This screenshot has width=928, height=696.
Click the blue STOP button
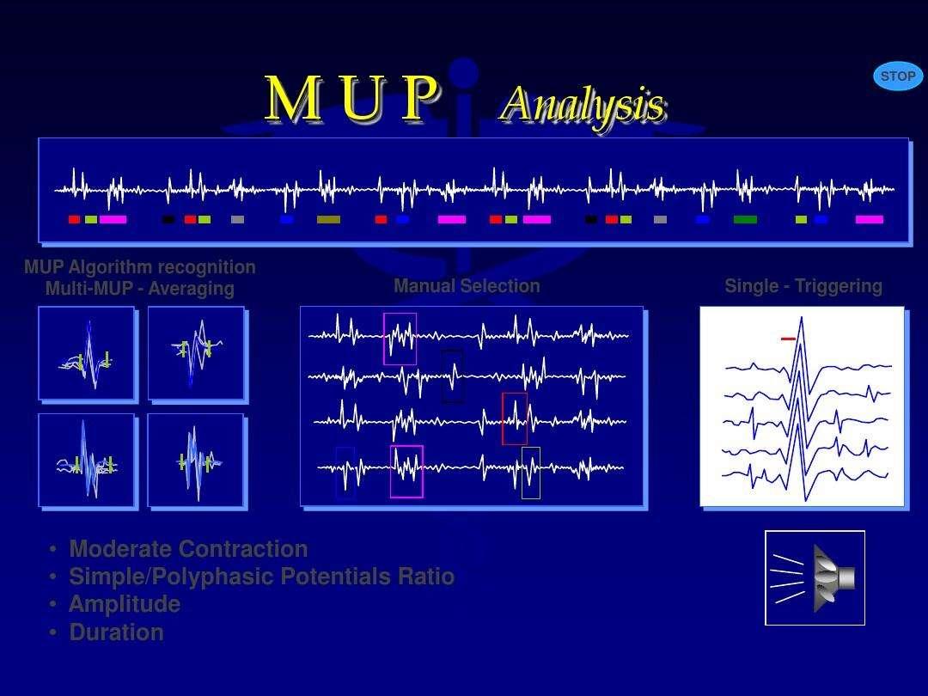pyautogui.click(x=898, y=76)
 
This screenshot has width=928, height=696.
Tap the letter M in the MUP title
pyautogui.click(x=294, y=98)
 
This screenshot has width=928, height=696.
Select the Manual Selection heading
pyautogui.click(x=467, y=286)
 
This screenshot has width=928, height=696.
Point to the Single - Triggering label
pyautogui.click(x=803, y=286)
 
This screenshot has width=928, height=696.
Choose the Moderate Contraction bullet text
pyautogui.click(x=188, y=548)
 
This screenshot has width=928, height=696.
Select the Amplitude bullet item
pyautogui.click(x=125, y=604)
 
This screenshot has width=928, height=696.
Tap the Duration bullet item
pyautogui.click(x=116, y=632)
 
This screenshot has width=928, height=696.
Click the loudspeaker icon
pyautogui.click(x=815, y=577)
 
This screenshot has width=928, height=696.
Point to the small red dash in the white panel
pyautogui.click(x=788, y=339)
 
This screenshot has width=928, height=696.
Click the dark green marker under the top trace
pyautogui.click(x=745, y=220)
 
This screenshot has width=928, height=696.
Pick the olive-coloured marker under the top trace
pyautogui.click(x=328, y=220)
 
